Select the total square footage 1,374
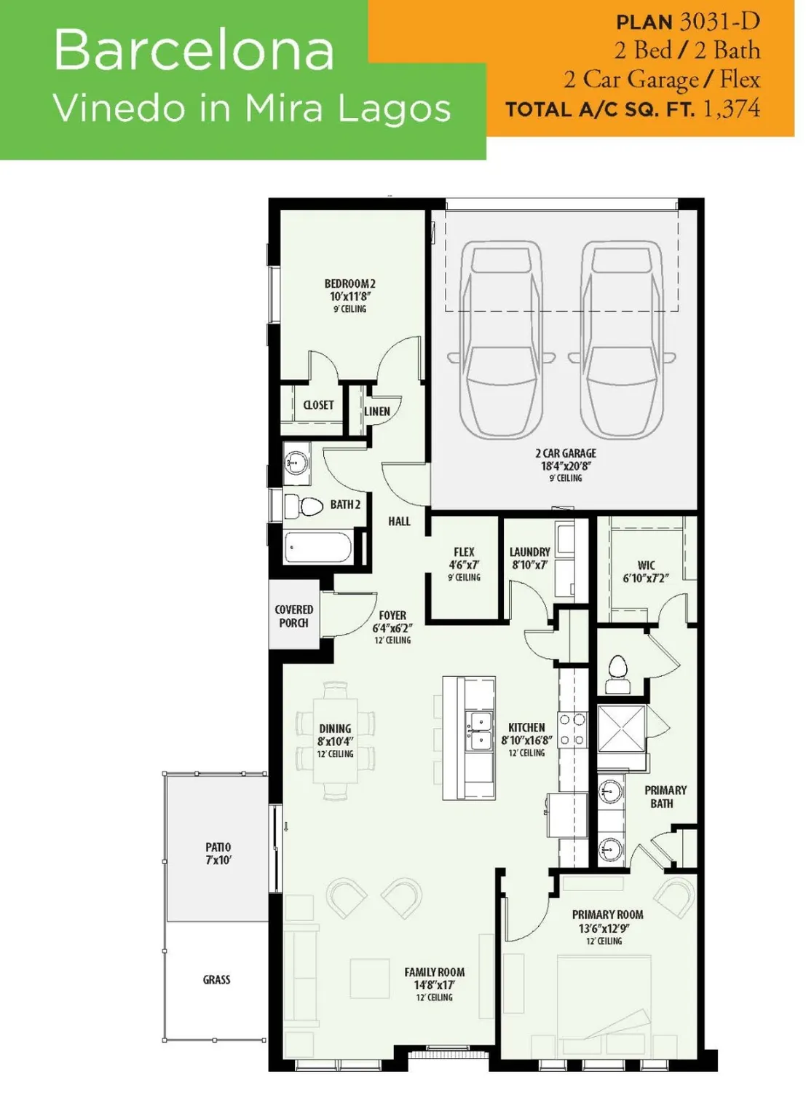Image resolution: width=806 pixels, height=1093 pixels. pyautogui.click(x=731, y=109)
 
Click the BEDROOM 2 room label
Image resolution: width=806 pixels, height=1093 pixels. pyautogui.click(x=349, y=284)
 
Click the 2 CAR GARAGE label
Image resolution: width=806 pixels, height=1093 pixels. pyautogui.click(x=566, y=453)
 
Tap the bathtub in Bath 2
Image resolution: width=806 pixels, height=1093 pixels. pyautogui.click(x=318, y=546)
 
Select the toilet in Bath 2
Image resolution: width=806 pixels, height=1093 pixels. pyautogui.click(x=305, y=506)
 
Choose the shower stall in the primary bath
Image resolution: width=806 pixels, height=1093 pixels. pyautogui.click(x=621, y=729)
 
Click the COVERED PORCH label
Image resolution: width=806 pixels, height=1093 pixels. pyautogui.click(x=293, y=616)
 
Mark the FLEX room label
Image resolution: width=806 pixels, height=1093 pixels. pyautogui.click(x=464, y=552)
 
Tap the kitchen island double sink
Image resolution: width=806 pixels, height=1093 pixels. pyautogui.click(x=478, y=731)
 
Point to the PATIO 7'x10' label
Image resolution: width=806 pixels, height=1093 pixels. pyautogui.click(x=218, y=853)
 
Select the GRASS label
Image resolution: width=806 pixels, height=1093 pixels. pyautogui.click(x=216, y=980)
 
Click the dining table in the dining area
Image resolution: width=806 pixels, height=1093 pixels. pyautogui.click(x=336, y=740)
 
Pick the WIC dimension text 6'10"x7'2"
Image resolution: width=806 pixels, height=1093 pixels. pyautogui.click(x=645, y=578)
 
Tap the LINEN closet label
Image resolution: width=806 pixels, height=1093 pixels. pyautogui.click(x=376, y=412)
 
